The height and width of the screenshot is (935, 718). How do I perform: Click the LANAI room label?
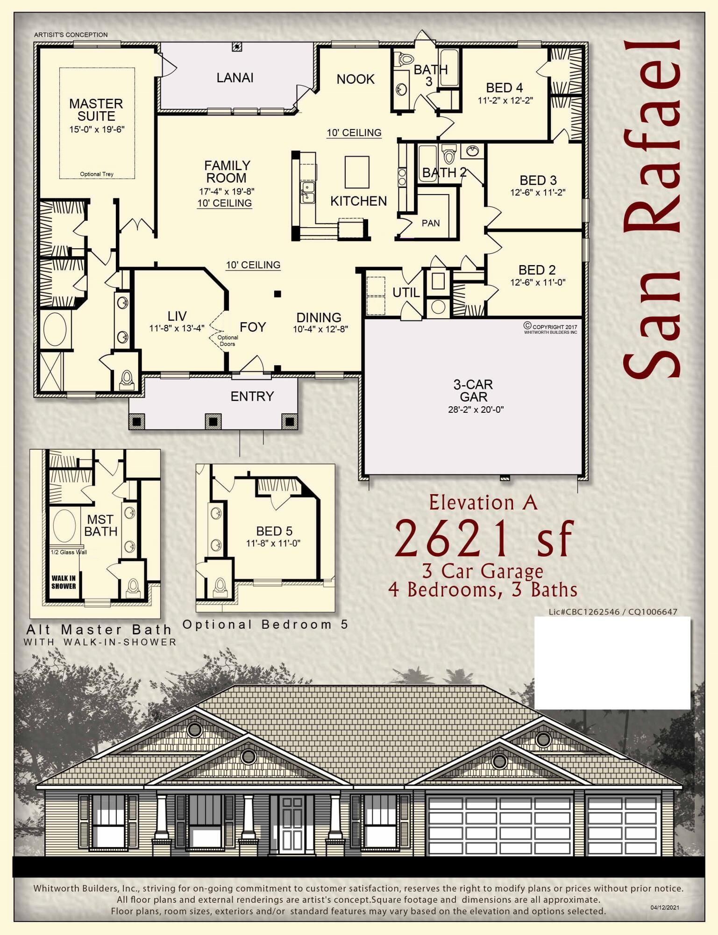(235, 78)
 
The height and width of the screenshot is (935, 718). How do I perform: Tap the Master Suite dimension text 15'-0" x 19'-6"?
(97, 129)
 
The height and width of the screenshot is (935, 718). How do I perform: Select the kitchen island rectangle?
(357, 172)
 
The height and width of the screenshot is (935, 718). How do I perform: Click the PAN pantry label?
(430, 223)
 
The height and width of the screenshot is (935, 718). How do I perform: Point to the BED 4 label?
(504, 88)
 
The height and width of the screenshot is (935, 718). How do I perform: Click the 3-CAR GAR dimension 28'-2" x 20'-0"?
(476, 410)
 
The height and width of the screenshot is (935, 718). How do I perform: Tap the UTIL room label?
(405, 293)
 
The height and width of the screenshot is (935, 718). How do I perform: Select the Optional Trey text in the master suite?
(97, 174)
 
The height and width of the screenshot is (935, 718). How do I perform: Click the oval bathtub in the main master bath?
(55, 329)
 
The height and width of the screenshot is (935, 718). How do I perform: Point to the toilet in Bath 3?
(406, 59)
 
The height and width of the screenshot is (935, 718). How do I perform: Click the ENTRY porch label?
(252, 396)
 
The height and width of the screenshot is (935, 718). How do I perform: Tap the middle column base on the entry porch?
(213, 421)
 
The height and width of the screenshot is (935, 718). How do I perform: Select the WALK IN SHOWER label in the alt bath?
(64, 582)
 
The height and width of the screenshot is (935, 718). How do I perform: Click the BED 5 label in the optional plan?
(274, 531)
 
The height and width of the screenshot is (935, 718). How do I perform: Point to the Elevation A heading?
(483, 503)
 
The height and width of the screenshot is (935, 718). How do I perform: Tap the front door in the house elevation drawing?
(292, 824)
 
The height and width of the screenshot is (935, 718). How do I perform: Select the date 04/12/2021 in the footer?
(665, 907)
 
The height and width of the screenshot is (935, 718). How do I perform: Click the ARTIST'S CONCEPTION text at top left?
(71, 35)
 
